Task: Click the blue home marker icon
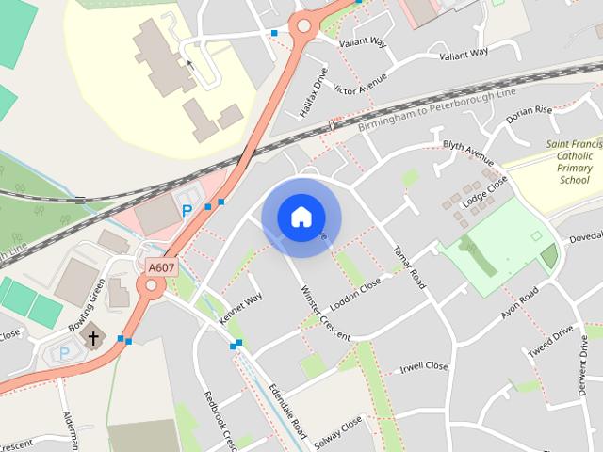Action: tap(301, 217)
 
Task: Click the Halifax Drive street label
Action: tap(314, 93)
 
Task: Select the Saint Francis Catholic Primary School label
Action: tap(574, 161)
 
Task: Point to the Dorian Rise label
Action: tap(529, 115)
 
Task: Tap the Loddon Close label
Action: tap(357, 294)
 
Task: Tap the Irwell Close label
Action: tap(424, 367)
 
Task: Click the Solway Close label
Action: tap(339, 430)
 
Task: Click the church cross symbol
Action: tap(93, 337)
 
